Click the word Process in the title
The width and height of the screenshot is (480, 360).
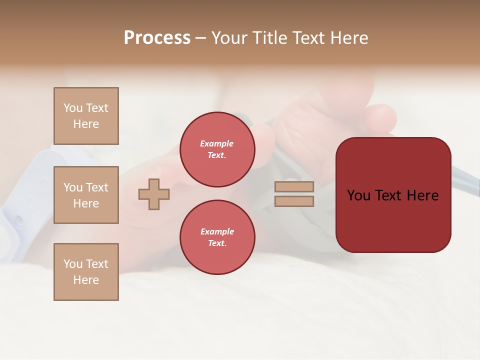(x=157, y=38)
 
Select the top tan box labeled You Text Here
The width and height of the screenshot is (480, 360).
(x=86, y=116)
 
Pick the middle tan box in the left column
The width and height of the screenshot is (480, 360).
(x=86, y=195)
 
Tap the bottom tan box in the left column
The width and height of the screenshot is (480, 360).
(x=86, y=272)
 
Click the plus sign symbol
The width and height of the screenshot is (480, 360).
(x=154, y=194)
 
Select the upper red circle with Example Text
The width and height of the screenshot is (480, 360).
(x=217, y=149)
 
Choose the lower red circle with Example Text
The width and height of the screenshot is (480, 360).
(x=217, y=237)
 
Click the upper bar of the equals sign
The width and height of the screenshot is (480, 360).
(x=294, y=187)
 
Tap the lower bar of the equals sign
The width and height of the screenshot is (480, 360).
(x=294, y=201)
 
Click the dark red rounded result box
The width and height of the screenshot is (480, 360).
(x=393, y=220)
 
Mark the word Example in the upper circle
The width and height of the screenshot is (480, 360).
(x=217, y=143)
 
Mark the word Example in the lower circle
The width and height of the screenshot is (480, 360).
(x=217, y=231)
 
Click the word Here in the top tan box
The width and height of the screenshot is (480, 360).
(x=86, y=124)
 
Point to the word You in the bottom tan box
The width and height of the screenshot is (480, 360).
(x=73, y=264)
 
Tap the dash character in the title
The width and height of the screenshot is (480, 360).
(x=200, y=38)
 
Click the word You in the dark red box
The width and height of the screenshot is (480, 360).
(x=359, y=195)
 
